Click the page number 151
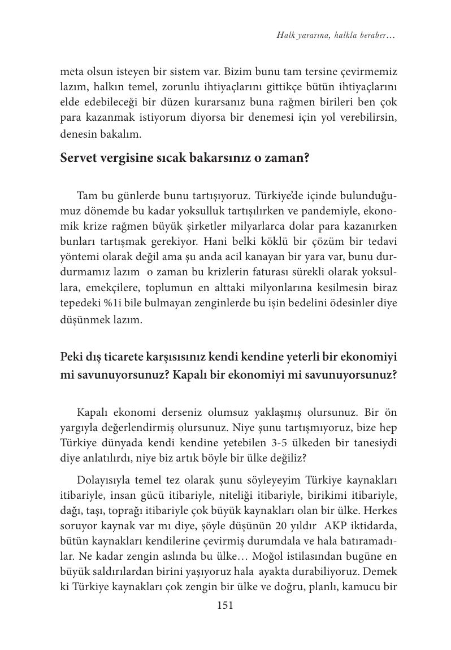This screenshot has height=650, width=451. click(x=225, y=605)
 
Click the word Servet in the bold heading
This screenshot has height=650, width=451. click(x=79, y=158)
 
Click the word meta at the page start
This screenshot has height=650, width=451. click(x=72, y=72)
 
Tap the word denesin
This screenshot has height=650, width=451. click(x=77, y=135)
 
